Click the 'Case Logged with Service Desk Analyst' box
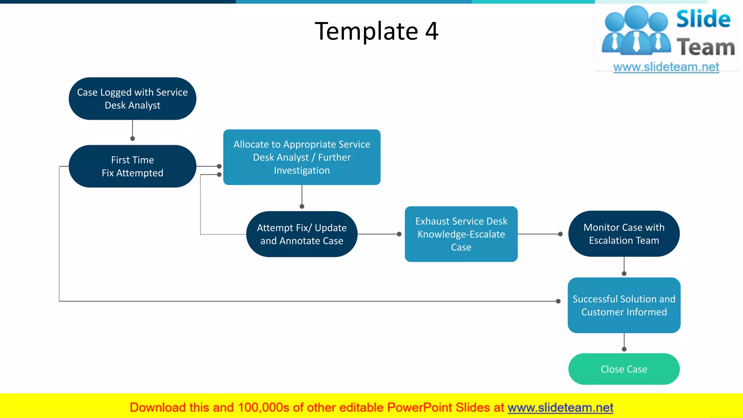[132, 99]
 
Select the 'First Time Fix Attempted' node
[132, 166]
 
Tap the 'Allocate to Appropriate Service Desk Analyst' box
[301, 157]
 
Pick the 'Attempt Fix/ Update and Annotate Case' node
[301, 234]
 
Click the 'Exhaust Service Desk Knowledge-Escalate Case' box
[461, 234]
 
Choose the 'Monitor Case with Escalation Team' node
[624, 234]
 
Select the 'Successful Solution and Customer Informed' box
[624, 305]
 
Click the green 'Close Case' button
[624, 369]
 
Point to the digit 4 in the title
[432, 31]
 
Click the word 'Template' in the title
[366, 31]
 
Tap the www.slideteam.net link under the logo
[666, 67]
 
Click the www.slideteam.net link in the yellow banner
[560, 407]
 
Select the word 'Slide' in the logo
[703, 19]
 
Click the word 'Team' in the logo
[705, 48]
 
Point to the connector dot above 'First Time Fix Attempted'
[132, 139]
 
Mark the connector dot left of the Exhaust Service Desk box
[399, 234]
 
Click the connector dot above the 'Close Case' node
[624, 349]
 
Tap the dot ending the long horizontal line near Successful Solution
[558, 301]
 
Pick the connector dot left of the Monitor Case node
[560, 234]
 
